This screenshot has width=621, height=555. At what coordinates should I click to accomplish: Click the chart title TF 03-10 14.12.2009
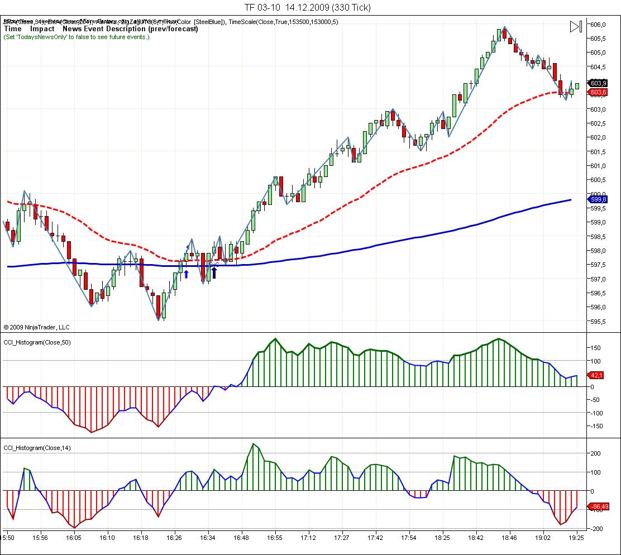coord(307,7)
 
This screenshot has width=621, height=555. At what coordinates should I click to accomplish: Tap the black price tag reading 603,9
coord(598,83)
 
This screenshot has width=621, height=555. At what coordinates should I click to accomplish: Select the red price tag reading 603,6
coord(598,92)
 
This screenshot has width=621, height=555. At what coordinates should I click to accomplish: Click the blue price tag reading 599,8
coord(598,199)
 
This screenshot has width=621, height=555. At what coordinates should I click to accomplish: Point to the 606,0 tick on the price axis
coord(598,25)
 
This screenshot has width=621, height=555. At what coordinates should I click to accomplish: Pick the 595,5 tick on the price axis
coord(598,322)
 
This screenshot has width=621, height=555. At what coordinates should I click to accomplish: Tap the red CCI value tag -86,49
coord(599,506)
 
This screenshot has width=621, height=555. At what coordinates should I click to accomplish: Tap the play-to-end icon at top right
coord(576,26)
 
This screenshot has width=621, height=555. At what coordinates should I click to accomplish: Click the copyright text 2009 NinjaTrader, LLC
coord(36,327)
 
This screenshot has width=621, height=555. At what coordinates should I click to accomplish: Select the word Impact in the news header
coord(42,28)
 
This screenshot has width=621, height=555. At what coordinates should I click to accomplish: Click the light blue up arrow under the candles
coord(186,274)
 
